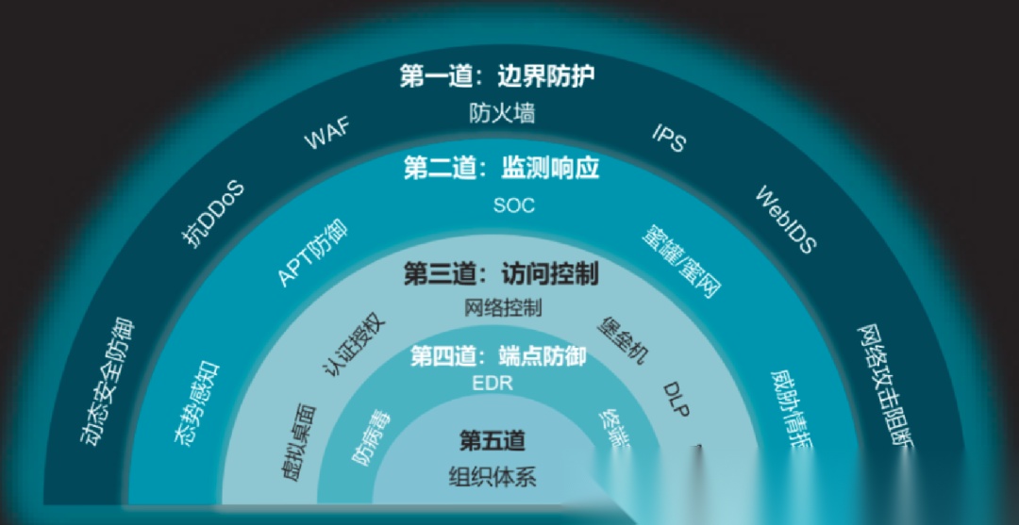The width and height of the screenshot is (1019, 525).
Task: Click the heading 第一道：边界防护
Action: coord(497,76)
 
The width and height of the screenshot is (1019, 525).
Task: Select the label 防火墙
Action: coord(502,113)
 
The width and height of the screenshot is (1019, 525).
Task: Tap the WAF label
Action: coord(326,135)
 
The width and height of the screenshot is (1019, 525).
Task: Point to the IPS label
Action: coord(669,139)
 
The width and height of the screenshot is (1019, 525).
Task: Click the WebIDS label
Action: coord(786,219)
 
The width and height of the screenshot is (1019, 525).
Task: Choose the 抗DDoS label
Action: coord(213,214)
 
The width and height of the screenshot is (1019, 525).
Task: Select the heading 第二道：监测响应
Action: coord(501,169)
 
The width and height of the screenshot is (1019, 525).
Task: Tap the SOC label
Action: coord(513,205)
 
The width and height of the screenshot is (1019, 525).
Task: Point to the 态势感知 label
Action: coord(195,402)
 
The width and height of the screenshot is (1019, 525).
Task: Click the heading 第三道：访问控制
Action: coord(501,274)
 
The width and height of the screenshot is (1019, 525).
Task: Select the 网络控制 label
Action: coord(503,307)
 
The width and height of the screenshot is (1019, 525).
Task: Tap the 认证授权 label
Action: coord(355,342)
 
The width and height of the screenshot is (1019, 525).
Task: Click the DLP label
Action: coord(677,399)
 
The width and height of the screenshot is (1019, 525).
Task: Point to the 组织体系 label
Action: coord(492,476)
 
